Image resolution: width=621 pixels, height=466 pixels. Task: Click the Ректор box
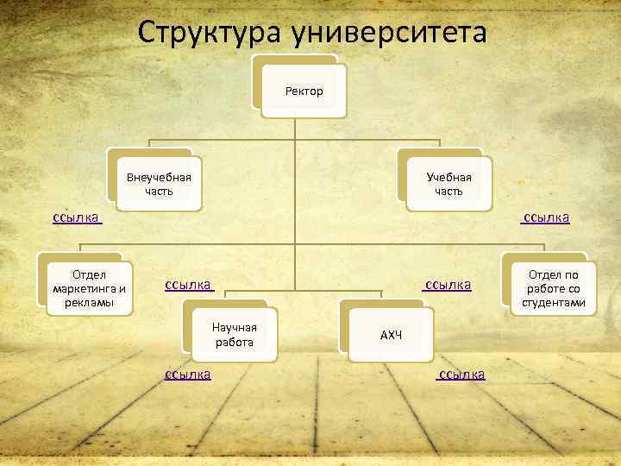304,91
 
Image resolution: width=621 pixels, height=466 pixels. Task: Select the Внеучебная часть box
159,184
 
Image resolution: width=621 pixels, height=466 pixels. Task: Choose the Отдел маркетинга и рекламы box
89,288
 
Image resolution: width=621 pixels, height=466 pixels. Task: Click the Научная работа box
234,334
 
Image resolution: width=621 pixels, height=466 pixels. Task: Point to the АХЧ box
391,335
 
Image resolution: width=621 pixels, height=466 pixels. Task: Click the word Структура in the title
211,34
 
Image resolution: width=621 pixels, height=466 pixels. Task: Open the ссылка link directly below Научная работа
188,374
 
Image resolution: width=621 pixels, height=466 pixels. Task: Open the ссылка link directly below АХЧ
461,374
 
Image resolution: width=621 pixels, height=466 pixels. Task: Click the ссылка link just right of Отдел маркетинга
189,284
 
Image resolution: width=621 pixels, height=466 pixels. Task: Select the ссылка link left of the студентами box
447,284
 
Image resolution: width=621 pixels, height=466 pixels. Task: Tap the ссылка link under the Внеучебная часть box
77,217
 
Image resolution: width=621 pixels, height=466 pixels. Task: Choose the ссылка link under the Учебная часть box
545,217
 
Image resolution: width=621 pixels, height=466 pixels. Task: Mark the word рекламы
89,302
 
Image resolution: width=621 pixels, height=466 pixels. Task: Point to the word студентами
553,302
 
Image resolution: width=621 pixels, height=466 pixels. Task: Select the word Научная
234,327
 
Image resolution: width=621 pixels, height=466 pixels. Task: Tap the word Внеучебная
159,177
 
